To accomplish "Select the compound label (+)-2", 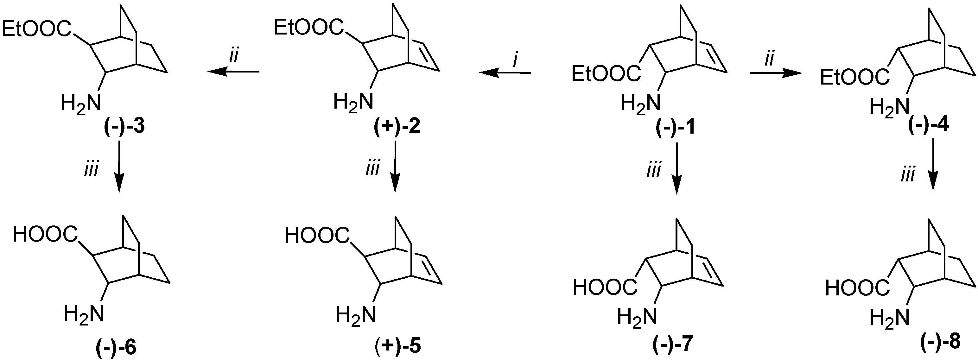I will (397, 128).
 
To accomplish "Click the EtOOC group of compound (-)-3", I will (37, 29).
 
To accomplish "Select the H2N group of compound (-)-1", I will (640, 103).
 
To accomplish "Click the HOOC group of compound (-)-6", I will (45, 235).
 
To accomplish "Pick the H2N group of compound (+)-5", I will (356, 315).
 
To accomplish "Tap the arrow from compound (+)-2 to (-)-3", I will (233, 71).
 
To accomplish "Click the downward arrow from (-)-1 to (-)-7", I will (677, 168).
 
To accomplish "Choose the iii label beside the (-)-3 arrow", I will (91, 169).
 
